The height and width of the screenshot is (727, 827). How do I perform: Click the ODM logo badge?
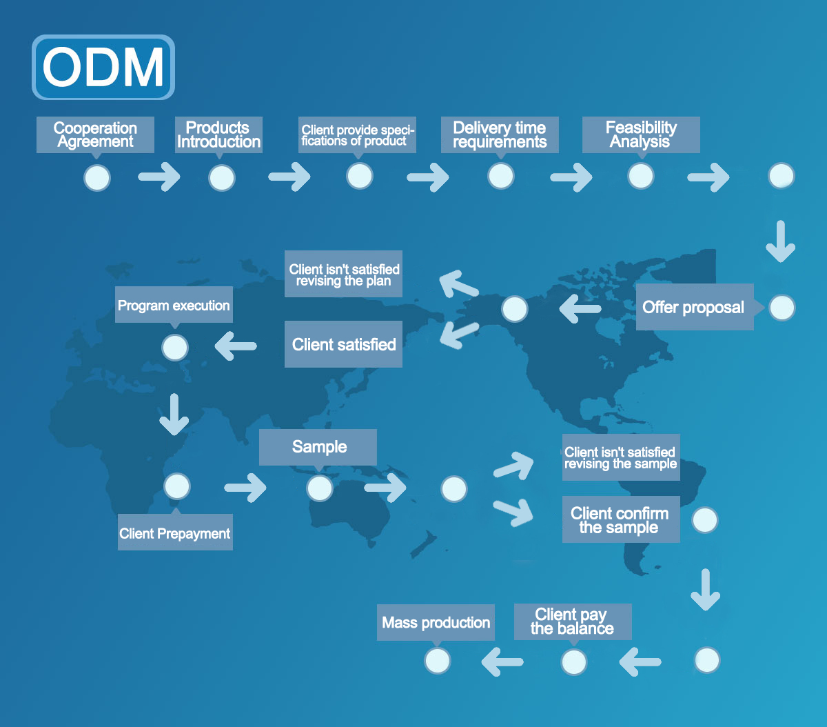[x=103, y=67]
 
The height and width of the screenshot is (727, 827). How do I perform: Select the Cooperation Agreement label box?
[x=95, y=135]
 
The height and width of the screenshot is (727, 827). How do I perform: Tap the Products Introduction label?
[x=218, y=135]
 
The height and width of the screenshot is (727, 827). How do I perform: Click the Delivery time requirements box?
[x=500, y=135]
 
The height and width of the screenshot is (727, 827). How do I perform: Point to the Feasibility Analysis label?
[x=641, y=135]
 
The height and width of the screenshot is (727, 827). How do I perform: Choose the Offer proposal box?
[x=693, y=307]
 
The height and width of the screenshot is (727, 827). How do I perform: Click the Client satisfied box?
[x=343, y=344]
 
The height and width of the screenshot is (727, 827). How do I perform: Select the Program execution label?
[x=174, y=306]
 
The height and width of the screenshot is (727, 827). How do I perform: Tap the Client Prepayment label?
[x=175, y=533]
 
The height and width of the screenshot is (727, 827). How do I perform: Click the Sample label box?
[x=318, y=447]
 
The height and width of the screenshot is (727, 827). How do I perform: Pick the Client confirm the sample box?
[x=620, y=520]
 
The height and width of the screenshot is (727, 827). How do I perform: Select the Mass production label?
[x=436, y=623]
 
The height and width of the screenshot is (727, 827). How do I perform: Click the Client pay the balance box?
[x=572, y=621]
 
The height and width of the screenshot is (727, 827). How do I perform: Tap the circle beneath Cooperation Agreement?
[x=96, y=177]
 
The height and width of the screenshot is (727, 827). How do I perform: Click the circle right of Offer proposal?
[x=782, y=308]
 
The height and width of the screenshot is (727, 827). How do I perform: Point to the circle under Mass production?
[x=437, y=661]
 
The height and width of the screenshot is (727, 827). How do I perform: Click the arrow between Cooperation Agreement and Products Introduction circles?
[x=159, y=177]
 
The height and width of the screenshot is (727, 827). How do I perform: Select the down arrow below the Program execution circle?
[x=174, y=414]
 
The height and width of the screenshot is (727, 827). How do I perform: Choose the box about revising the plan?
[x=343, y=275]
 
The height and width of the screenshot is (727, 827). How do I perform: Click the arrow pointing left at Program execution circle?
[x=236, y=346]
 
